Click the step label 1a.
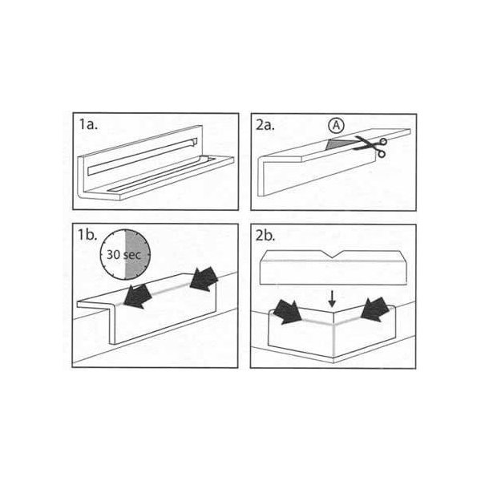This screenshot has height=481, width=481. coord(89,124)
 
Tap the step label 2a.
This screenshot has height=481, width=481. coord(265,125)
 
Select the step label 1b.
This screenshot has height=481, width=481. coord(87,235)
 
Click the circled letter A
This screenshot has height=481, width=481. coord(336,125)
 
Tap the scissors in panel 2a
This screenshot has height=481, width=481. coord(370,147)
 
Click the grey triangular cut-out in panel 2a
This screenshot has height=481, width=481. coord(339,144)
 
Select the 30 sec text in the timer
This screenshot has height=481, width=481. coord(123,255)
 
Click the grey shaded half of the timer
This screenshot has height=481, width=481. coord(137,254)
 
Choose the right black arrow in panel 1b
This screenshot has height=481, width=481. coord(204,278)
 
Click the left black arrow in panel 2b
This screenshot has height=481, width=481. coord(287,312)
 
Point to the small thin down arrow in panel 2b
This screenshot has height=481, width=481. coord(332,299)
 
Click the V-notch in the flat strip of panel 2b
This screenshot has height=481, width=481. coord(331,254)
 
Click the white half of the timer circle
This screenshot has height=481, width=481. coord(112,254)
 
